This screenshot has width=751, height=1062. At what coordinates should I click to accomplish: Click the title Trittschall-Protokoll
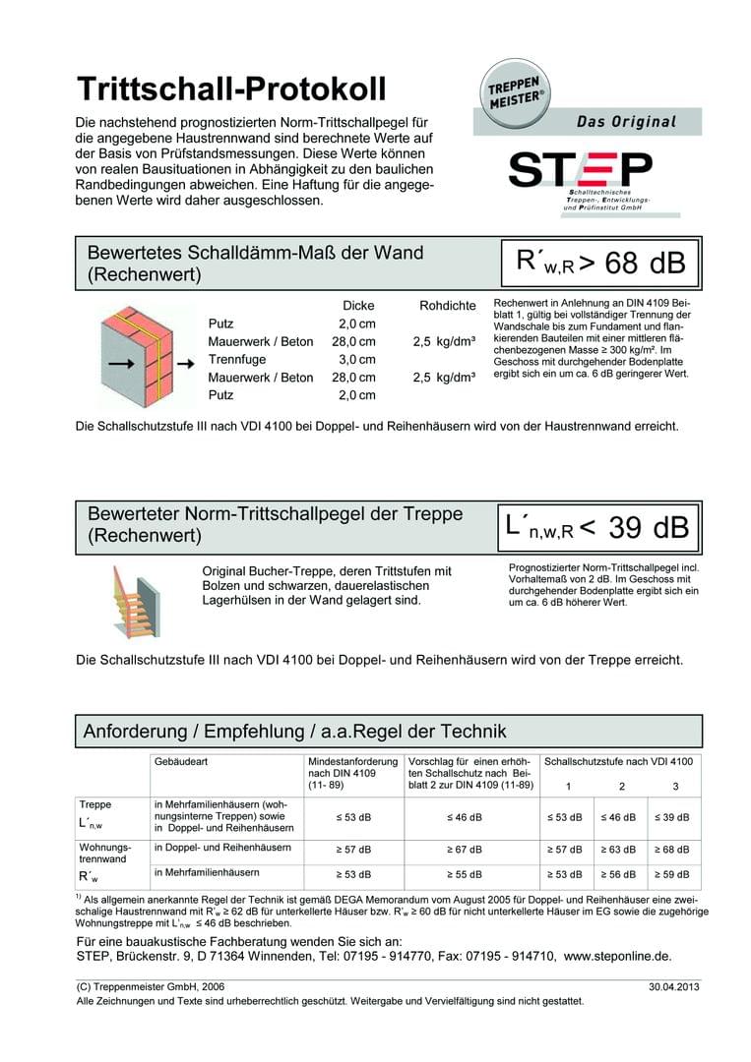(231, 89)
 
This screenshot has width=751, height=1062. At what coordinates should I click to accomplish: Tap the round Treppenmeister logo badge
(516, 91)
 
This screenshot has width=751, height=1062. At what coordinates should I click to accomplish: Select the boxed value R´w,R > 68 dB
(600, 263)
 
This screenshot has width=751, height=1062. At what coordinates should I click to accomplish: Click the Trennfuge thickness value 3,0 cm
(357, 359)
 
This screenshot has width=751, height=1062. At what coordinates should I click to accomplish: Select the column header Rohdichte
(447, 306)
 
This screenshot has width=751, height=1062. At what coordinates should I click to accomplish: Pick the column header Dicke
(357, 306)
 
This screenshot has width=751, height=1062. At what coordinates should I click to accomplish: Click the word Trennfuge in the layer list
(237, 359)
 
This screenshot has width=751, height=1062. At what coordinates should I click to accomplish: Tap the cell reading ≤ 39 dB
(673, 817)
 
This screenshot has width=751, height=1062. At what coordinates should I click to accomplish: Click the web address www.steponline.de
(617, 955)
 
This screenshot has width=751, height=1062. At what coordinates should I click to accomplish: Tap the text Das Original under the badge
(626, 122)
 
